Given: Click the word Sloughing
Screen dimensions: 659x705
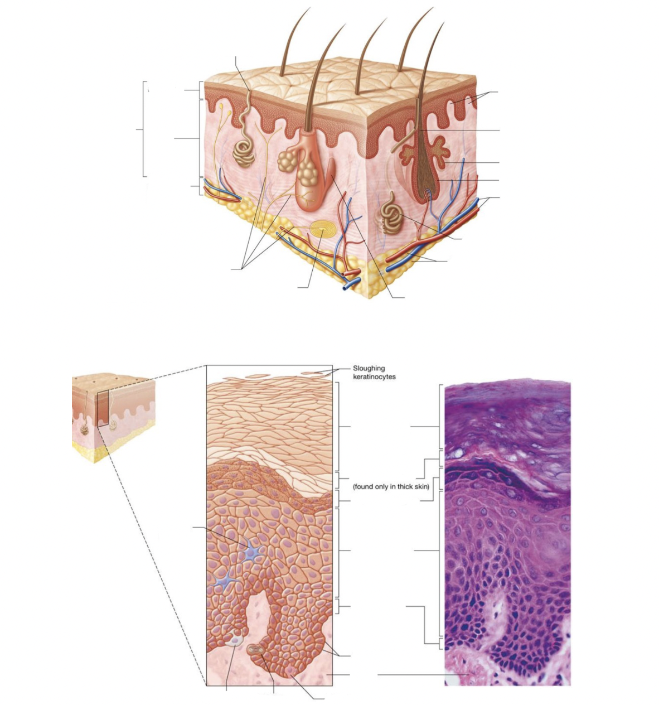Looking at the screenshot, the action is click(369, 368).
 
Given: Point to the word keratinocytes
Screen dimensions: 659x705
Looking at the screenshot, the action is click(374, 376).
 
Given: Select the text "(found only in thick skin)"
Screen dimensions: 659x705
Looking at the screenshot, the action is click(391, 486).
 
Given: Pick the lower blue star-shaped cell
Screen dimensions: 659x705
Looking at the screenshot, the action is click(222, 581).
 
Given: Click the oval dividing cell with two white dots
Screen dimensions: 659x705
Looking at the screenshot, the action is click(256, 649).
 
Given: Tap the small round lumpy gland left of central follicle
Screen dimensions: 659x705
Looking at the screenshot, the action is click(286, 162).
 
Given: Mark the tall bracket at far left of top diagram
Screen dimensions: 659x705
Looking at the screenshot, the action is click(144, 129).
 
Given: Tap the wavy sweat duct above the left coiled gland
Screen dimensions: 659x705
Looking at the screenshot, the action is click(244, 114).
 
